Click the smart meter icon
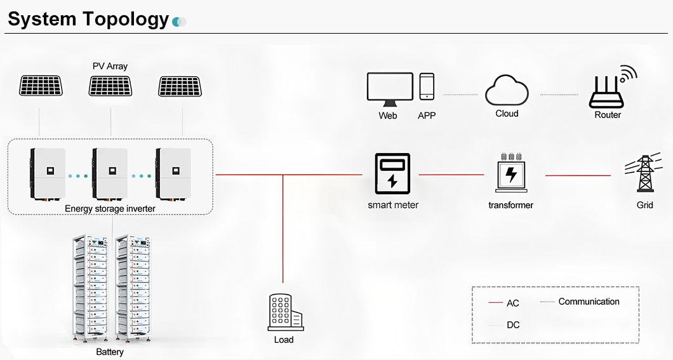(x=392, y=173)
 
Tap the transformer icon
(x=510, y=173)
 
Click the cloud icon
(x=507, y=91)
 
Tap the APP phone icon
(x=427, y=86)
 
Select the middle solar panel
(x=110, y=86)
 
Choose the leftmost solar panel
(x=41, y=86)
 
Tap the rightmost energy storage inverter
(x=173, y=173)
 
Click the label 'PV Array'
(x=110, y=66)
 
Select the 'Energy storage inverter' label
(x=110, y=208)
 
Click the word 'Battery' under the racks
(x=110, y=352)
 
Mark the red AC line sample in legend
(x=496, y=303)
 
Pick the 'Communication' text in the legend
(x=589, y=302)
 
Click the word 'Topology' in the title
(x=125, y=19)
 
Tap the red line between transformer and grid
(x=578, y=175)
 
